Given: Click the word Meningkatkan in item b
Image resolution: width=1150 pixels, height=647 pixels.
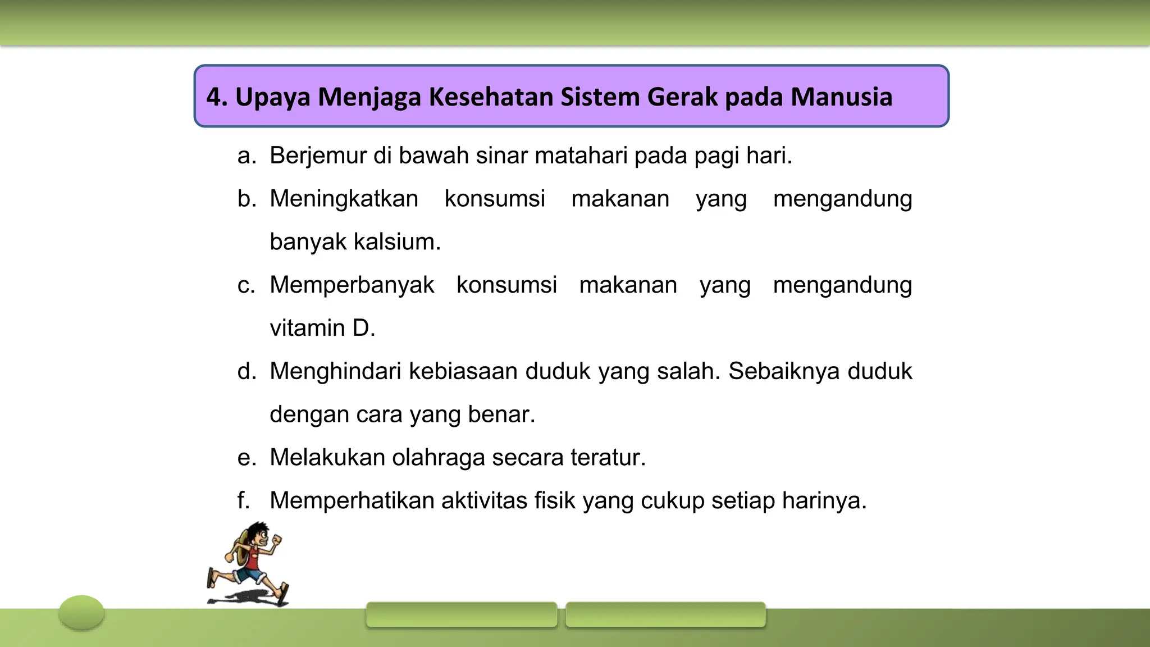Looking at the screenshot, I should coord(344,199).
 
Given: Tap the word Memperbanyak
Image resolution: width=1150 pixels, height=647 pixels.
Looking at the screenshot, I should coord(352,285).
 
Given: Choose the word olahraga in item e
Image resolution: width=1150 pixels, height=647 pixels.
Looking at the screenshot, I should coord(438,458).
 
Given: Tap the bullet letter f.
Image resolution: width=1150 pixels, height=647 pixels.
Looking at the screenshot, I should coord(243,500).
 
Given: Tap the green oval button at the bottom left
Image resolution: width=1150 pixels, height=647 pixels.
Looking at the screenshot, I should coord(81,612).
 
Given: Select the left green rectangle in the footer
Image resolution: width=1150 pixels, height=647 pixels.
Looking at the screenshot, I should coord(461,614).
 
